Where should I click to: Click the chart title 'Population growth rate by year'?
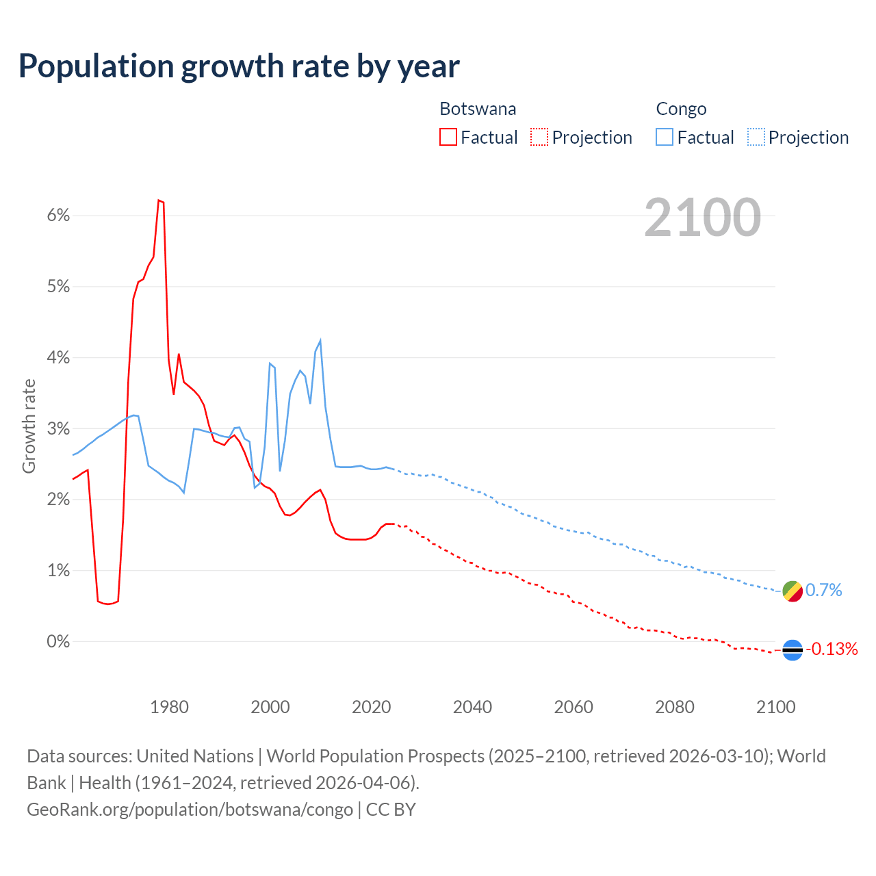(239, 66)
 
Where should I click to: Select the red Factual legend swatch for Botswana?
(448, 137)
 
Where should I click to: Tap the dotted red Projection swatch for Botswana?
(539, 137)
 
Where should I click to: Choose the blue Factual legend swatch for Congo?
(665, 137)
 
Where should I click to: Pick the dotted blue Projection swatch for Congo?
(756, 137)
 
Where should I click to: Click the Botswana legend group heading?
(478, 109)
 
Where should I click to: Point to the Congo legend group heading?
(681, 109)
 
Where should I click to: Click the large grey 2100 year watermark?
(702, 218)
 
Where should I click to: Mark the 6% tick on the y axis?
(58, 216)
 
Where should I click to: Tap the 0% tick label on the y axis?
(58, 642)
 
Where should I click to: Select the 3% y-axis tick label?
(58, 429)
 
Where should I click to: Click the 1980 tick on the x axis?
(169, 707)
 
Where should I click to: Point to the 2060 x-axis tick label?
(574, 707)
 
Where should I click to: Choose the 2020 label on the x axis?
(371, 707)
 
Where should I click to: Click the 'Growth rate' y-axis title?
(29, 426)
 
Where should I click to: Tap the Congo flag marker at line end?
(793, 591)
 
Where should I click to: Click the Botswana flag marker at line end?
(793, 649)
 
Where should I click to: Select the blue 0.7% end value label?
(824, 590)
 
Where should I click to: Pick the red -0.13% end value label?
(832, 649)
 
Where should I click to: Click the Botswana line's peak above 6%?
(159, 201)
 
